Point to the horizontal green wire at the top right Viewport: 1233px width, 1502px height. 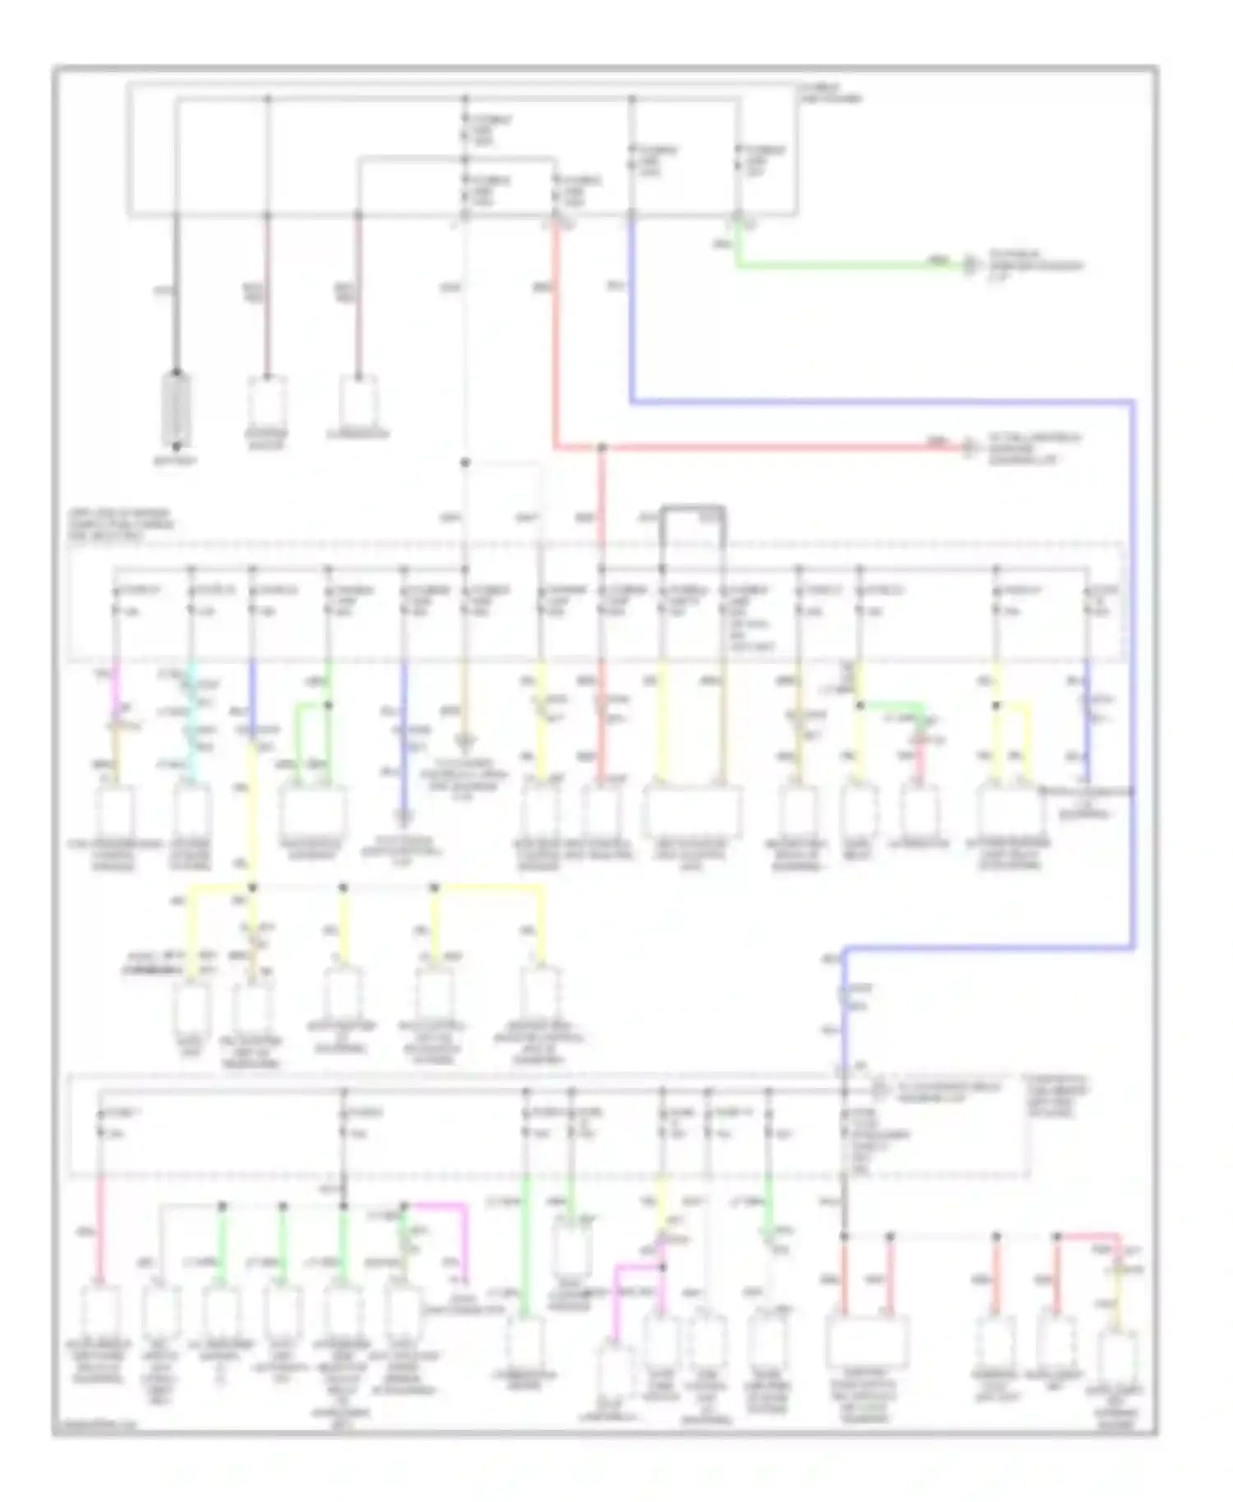(847, 265)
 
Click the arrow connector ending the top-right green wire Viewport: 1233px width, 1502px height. (971, 265)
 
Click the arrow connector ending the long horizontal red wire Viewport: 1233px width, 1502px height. (971, 448)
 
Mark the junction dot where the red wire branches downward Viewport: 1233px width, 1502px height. (602, 448)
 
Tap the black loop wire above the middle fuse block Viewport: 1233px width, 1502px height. (693, 510)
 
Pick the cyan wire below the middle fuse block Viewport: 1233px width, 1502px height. (192, 723)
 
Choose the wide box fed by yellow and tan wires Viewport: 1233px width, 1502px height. (692, 812)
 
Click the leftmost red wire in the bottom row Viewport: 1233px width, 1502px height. (100, 1228)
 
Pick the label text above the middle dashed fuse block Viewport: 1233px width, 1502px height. (122, 524)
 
